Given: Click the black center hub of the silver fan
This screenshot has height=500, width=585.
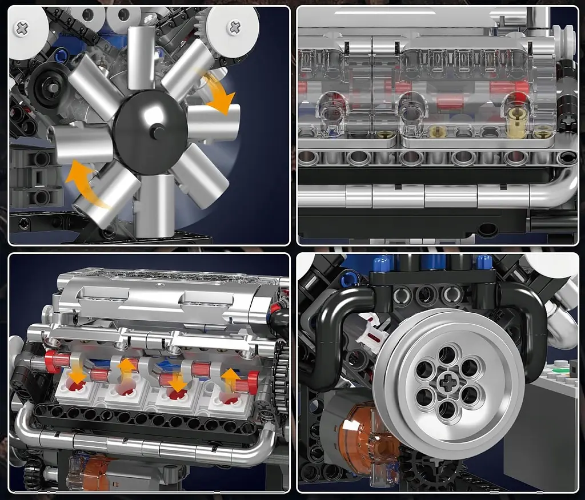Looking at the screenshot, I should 150,132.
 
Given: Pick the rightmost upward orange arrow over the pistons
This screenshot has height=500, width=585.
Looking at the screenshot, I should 230,380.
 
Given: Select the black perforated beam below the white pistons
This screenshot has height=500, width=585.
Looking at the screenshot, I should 143,420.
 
